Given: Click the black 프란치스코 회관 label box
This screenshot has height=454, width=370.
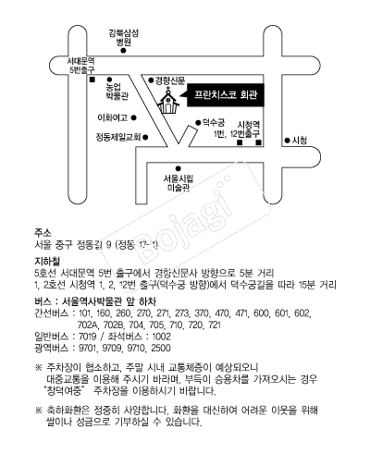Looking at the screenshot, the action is [x=226, y=95].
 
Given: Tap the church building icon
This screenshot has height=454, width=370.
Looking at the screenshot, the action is [x=168, y=101].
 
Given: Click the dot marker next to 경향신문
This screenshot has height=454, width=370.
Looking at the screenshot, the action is [x=151, y=80].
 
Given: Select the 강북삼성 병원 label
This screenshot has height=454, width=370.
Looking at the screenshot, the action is [x=123, y=37].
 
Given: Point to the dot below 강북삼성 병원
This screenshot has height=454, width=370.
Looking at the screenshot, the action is [x=123, y=51].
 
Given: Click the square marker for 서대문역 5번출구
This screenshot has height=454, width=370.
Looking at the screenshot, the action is [x=92, y=80].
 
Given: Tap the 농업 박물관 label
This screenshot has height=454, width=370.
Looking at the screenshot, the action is [x=117, y=92].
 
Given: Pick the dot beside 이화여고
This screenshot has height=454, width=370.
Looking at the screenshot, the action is [x=134, y=117].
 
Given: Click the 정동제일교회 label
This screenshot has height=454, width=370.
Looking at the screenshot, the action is [x=118, y=137].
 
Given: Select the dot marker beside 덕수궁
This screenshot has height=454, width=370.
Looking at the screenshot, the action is [x=198, y=123].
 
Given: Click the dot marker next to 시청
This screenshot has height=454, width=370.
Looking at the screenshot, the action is [x=288, y=141].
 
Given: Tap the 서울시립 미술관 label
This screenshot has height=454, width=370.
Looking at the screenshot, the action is [x=179, y=183].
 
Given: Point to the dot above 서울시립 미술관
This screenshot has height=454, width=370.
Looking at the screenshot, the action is [x=179, y=168].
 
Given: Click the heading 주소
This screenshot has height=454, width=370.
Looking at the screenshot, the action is [x=43, y=232].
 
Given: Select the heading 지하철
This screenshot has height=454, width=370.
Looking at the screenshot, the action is [x=47, y=262].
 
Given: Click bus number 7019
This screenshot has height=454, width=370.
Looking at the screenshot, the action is [x=88, y=337].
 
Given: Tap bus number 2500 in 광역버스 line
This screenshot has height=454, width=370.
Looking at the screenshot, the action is [x=161, y=348].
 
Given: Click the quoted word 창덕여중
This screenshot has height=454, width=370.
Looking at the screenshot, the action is [x=64, y=390].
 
